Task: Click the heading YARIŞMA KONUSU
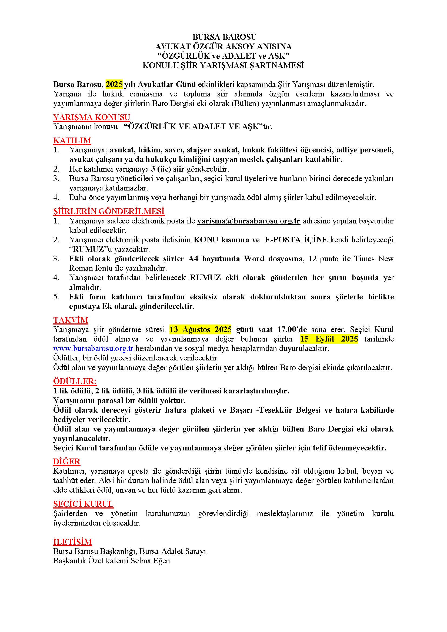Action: (x=91, y=117)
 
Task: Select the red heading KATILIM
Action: (x=72, y=141)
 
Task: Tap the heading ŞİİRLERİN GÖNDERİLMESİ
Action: (x=109, y=211)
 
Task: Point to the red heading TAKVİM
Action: (x=71, y=320)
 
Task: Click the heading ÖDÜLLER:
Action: (x=75, y=381)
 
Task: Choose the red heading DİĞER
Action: (x=67, y=461)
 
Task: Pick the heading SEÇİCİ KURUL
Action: (x=83, y=504)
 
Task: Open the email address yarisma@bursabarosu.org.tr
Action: (x=249, y=221)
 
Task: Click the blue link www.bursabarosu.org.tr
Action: (x=93, y=349)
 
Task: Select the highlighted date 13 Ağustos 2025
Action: (x=200, y=329)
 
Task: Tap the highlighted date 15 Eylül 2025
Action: (x=329, y=339)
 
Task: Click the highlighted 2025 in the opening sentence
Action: (x=114, y=84)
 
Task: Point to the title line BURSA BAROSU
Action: (x=224, y=37)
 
